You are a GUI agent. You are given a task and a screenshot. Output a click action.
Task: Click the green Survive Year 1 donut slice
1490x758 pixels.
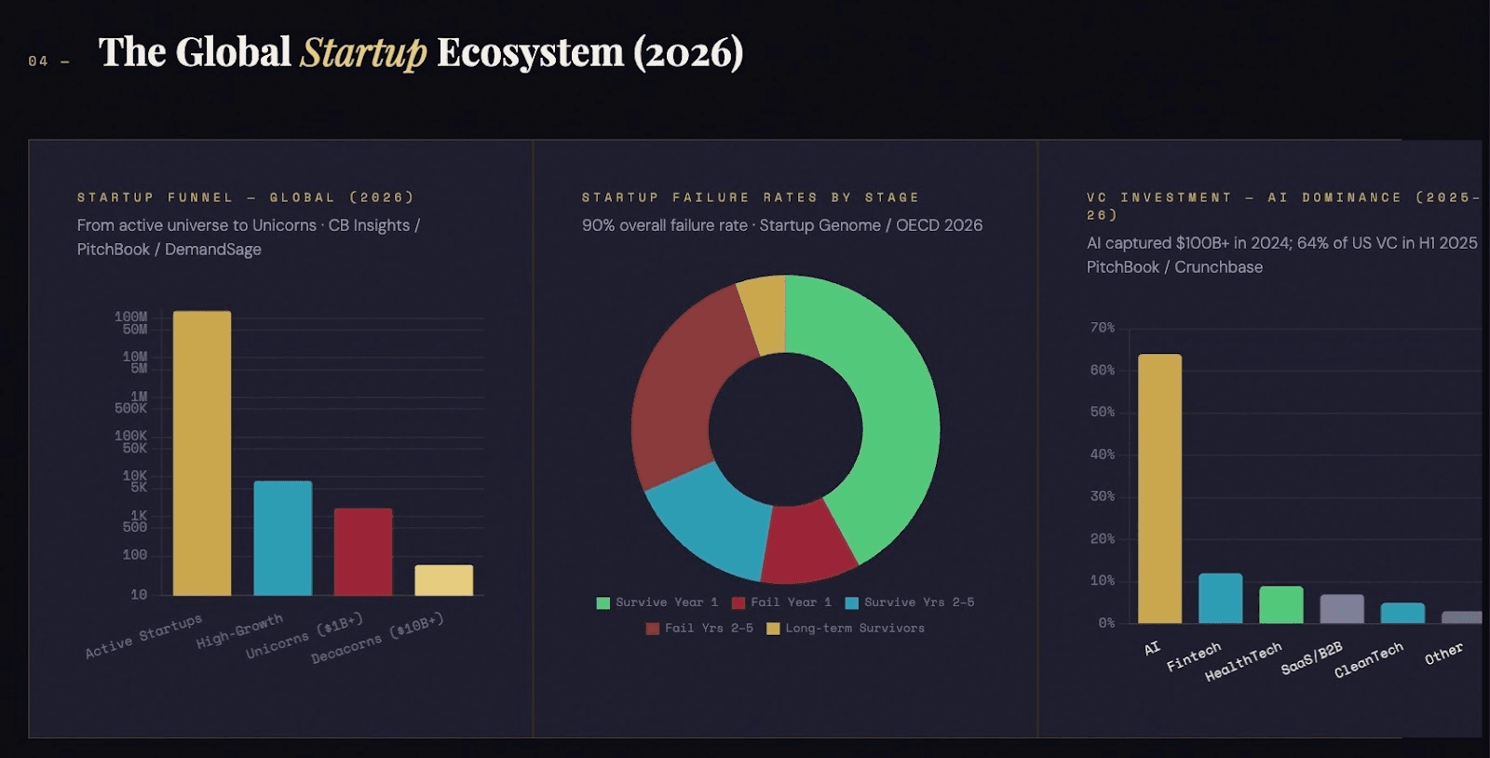coord(885,400)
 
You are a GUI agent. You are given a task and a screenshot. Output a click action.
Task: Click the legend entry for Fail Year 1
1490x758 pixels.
coord(781,602)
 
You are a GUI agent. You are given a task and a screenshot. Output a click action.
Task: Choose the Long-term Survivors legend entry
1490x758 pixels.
coord(846,629)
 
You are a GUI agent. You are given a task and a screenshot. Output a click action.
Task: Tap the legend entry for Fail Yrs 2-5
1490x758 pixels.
coord(699,629)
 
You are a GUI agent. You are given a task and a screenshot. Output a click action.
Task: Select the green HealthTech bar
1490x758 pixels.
coord(1280,604)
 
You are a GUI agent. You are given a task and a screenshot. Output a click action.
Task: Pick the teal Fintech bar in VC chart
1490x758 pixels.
coord(1220,598)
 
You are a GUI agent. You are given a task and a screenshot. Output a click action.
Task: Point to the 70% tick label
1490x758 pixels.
coord(1102,328)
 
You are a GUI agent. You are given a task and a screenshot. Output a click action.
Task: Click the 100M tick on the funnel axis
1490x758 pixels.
coord(130,317)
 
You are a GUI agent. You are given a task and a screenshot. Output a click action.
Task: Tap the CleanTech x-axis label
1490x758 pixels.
coord(1369,660)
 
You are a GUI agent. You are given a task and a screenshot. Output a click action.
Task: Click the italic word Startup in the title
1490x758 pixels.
coord(363,52)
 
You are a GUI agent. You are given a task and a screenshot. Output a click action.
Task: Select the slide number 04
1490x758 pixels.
coord(38,61)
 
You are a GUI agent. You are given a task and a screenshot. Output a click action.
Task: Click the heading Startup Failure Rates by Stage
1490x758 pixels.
coord(751,197)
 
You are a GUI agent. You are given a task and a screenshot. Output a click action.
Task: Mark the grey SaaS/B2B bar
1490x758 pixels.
coord(1341,608)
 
